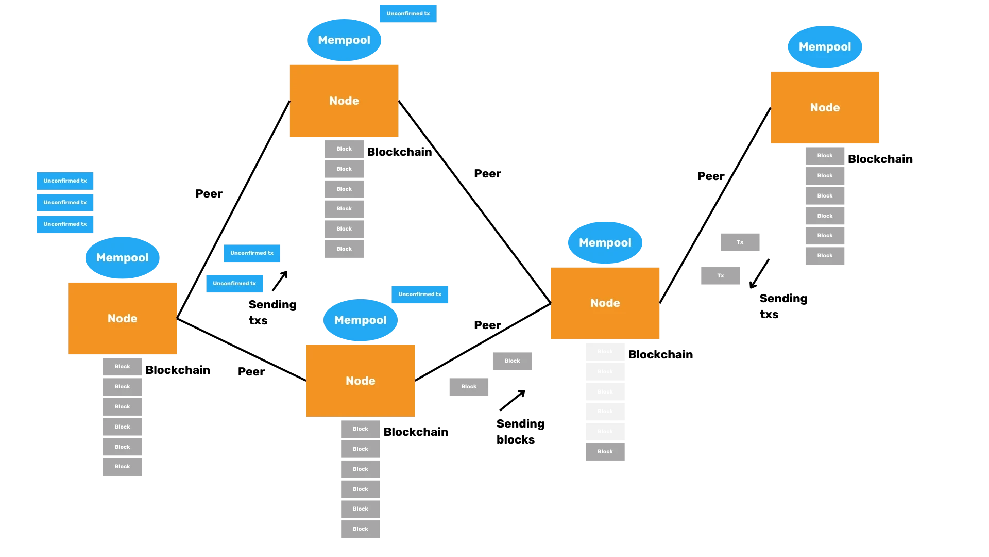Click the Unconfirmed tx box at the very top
[407, 14]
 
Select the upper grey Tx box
[739, 241]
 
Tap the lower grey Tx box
[721, 275]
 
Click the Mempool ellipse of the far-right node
[825, 46]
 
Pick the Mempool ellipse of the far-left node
[122, 257]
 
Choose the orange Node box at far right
[825, 107]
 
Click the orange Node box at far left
[122, 318]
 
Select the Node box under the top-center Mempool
[344, 101]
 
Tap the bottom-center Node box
[360, 380]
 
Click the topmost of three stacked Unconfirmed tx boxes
[64, 181]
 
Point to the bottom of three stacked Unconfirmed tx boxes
[64, 224]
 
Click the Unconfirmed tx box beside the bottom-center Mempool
[420, 294]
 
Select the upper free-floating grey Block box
[513, 361]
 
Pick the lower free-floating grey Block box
[469, 386]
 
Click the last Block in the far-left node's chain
[122, 466]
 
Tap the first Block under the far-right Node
[824, 155]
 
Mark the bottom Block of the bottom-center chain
[360, 529]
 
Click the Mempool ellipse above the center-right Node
[605, 242]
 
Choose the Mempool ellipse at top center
[344, 40]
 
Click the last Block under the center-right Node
[605, 451]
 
